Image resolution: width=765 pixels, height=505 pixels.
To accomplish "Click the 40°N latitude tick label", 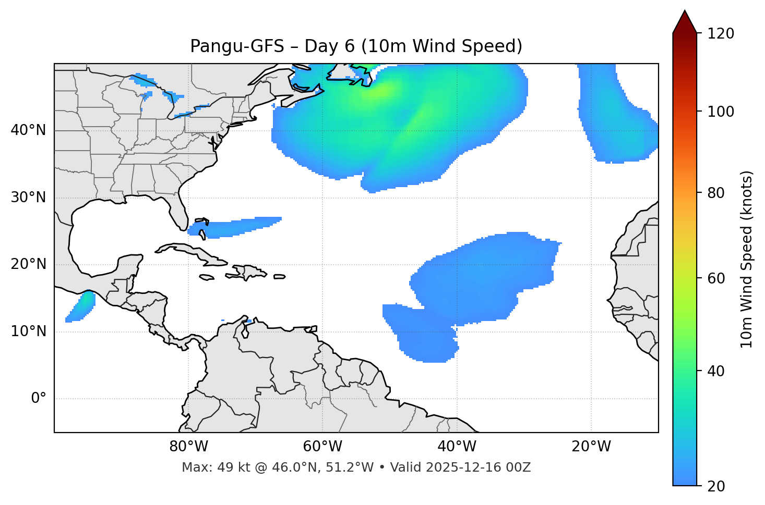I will [28, 130].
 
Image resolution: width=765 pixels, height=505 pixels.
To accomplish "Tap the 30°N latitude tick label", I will [28, 198].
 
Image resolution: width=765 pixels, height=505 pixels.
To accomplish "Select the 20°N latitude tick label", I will [28, 264].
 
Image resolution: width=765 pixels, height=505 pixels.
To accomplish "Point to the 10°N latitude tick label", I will [28, 331].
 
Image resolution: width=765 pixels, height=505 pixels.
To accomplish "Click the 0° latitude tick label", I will [38, 399].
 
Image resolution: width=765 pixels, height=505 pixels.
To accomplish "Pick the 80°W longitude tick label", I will [188, 447].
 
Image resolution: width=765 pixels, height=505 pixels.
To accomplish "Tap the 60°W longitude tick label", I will [322, 447].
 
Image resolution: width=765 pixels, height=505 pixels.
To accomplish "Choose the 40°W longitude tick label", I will [457, 447].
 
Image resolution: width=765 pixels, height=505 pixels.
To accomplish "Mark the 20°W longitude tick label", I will [591, 447].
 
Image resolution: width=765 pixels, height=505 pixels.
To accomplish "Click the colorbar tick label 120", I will [720, 34].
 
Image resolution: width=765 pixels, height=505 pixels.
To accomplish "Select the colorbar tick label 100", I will [720, 112].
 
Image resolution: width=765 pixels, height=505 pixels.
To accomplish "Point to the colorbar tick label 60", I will [716, 278].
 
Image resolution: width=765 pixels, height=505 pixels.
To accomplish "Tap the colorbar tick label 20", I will [716, 486].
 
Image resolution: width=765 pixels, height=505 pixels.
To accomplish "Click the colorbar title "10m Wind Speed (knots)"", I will [747, 260].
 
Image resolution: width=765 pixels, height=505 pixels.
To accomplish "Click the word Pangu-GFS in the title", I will [237, 46].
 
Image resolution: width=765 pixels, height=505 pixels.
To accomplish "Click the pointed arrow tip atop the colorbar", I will [685, 14].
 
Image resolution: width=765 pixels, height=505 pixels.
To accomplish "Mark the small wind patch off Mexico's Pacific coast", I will [81, 306].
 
